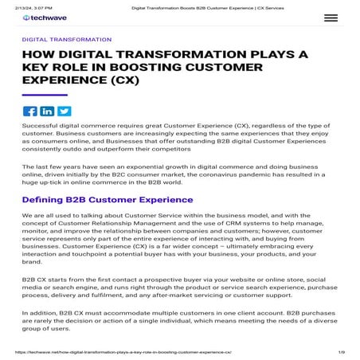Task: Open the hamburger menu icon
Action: coord(331,18)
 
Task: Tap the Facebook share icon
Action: coord(30,112)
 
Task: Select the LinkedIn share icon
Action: coord(47,112)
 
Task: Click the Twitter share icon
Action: coord(64,112)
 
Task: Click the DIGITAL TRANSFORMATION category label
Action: coord(67,39)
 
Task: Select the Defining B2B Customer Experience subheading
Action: coord(108,200)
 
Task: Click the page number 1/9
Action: coord(342,351)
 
